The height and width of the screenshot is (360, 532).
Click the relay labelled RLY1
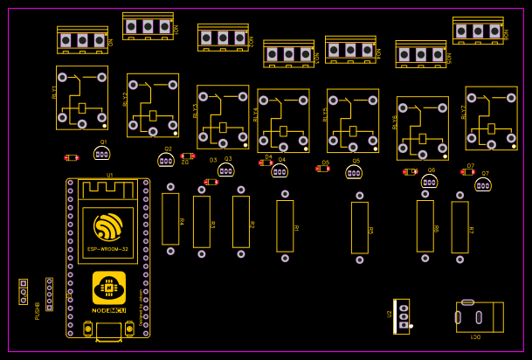click(x=82, y=98)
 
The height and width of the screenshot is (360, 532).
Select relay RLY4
click(x=283, y=121)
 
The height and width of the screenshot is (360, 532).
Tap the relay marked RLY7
click(x=491, y=118)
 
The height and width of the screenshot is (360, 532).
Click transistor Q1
click(x=102, y=154)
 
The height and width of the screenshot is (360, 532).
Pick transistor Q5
click(x=354, y=172)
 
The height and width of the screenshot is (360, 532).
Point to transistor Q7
click(x=483, y=185)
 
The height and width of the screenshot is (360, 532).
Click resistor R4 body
click(x=170, y=218)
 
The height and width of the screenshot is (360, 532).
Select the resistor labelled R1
click(x=285, y=225)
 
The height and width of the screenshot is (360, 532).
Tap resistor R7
click(x=459, y=227)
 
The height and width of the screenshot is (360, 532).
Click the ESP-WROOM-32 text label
click(x=108, y=250)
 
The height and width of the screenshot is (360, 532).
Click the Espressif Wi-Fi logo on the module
click(x=108, y=226)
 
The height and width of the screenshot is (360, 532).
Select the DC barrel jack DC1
click(x=480, y=316)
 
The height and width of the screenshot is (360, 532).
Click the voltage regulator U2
click(x=402, y=315)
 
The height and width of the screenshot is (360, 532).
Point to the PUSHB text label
click(x=38, y=311)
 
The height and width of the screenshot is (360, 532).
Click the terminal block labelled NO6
click(x=420, y=54)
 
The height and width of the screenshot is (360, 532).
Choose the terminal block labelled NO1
click(x=82, y=40)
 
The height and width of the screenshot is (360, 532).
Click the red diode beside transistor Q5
click(x=323, y=169)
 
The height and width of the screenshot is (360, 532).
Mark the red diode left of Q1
click(x=72, y=158)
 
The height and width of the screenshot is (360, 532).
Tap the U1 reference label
click(x=110, y=176)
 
